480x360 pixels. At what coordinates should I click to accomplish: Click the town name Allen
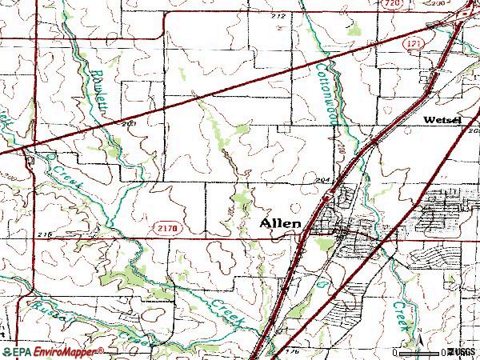[x=281, y=224]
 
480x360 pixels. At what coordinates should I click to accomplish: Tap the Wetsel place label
[x=442, y=120]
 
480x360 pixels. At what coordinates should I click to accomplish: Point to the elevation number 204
[x=322, y=181]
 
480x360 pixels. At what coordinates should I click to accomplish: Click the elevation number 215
[x=44, y=234]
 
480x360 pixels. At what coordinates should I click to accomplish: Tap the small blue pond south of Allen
[x=319, y=282]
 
